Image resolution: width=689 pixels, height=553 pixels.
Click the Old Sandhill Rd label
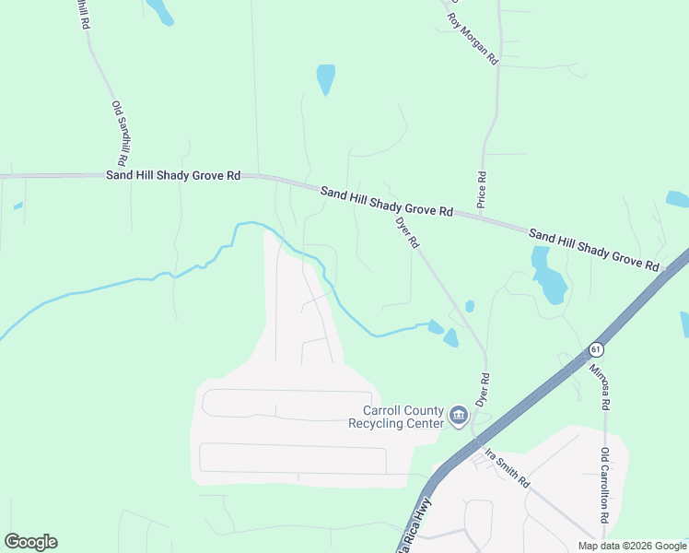coord(121,127)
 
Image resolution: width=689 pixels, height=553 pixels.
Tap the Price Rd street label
coord(481,188)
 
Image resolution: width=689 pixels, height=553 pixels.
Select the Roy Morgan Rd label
coord(473,38)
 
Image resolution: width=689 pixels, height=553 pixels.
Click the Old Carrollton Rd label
coord(604,485)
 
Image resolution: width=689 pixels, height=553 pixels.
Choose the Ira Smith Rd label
coord(508,468)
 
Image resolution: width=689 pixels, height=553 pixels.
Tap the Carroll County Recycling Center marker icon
coord(458,418)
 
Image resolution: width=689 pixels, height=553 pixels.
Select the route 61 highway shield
coord(596,349)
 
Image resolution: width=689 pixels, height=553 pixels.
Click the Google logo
coord(30,542)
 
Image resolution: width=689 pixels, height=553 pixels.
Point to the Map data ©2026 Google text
coord(631,546)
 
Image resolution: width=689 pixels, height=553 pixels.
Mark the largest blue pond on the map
coord(549,277)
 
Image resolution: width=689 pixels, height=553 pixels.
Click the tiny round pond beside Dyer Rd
coord(470,306)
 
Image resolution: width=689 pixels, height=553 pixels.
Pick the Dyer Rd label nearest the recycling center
coord(481,391)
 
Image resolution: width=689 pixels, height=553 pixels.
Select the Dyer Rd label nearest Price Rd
coord(407,232)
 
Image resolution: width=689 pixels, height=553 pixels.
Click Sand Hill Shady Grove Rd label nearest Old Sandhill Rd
coord(173,174)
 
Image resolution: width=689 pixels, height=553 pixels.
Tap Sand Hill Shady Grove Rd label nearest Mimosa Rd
coord(594,250)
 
